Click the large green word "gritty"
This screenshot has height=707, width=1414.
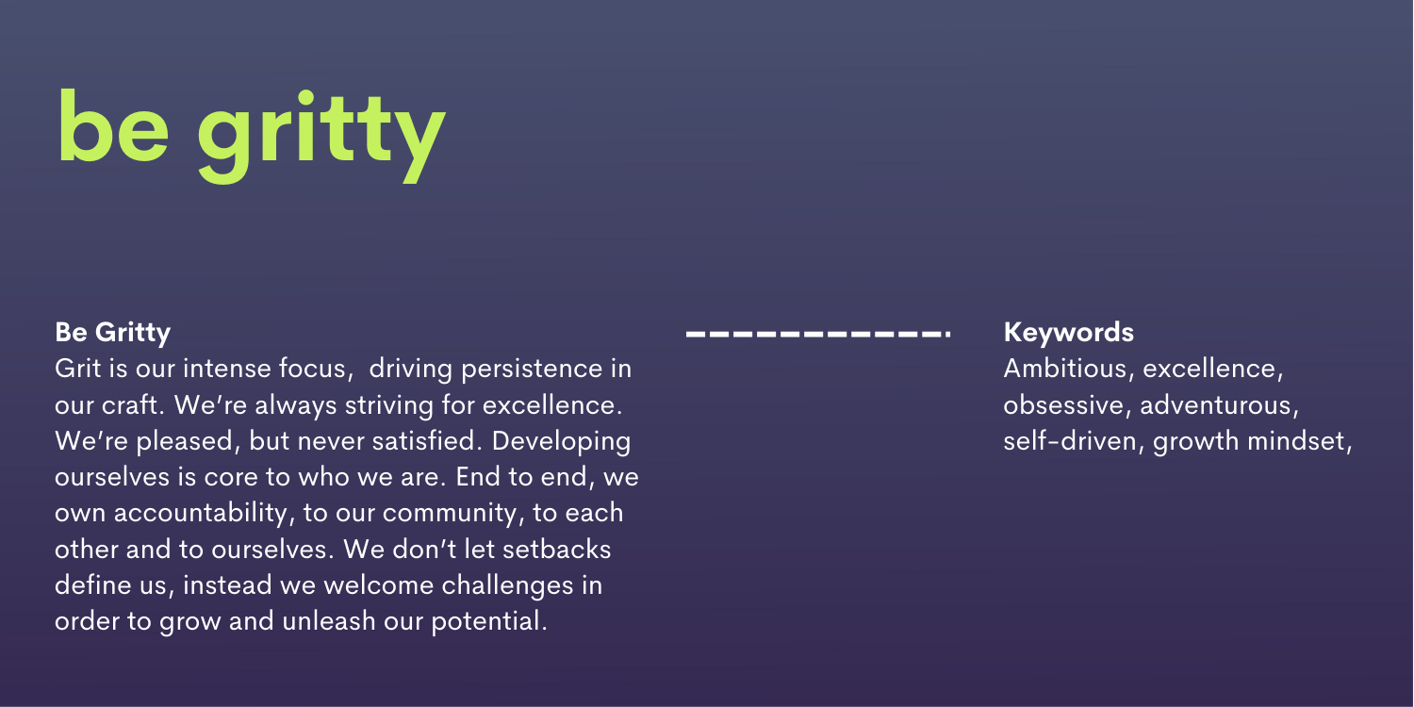(x=322, y=137)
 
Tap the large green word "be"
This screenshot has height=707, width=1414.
(x=114, y=125)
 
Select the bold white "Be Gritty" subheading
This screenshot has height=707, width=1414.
(x=112, y=333)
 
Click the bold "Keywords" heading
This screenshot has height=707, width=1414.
(x=1068, y=332)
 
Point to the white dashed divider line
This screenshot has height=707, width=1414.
(x=818, y=334)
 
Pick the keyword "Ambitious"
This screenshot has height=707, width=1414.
(x=1064, y=369)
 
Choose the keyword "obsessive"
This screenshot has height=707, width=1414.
(x=1063, y=404)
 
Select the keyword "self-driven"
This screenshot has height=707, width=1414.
(x=1069, y=440)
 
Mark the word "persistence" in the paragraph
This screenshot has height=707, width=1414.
(x=532, y=370)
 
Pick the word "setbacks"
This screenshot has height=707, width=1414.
(x=557, y=550)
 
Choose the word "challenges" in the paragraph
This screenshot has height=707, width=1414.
(x=507, y=585)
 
